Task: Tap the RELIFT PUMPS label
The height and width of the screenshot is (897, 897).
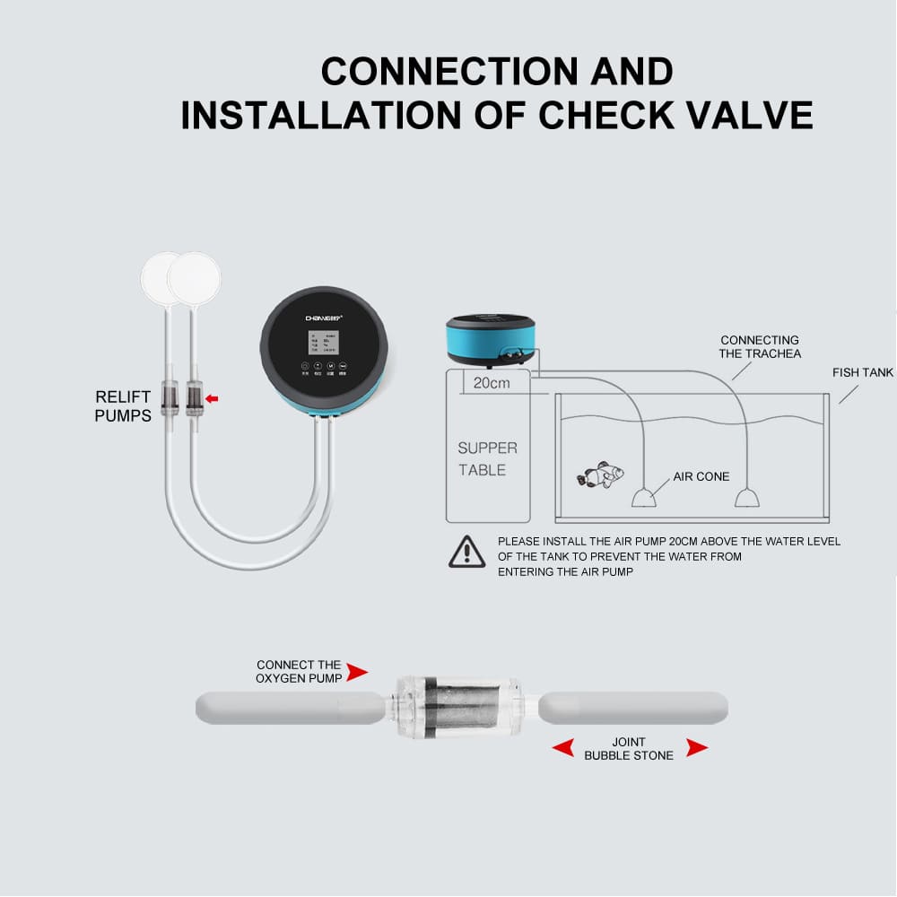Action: pyautogui.click(x=123, y=405)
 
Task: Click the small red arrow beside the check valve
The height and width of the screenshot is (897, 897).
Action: pyautogui.click(x=212, y=398)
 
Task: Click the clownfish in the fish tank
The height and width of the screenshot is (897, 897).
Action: pyautogui.click(x=600, y=475)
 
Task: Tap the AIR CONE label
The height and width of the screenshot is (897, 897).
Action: pyautogui.click(x=701, y=476)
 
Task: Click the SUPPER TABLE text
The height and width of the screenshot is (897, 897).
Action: pyautogui.click(x=487, y=458)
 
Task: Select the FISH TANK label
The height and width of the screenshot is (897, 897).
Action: pyautogui.click(x=862, y=372)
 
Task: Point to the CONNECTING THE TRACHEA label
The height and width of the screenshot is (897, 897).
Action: pyautogui.click(x=759, y=346)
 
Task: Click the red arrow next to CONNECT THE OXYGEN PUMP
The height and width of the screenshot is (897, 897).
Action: pyautogui.click(x=357, y=672)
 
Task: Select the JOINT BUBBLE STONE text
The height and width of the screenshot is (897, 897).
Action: pyautogui.click(x=628, y=749)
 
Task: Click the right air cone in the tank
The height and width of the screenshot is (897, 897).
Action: pyautogui.click(x=746, y=497)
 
